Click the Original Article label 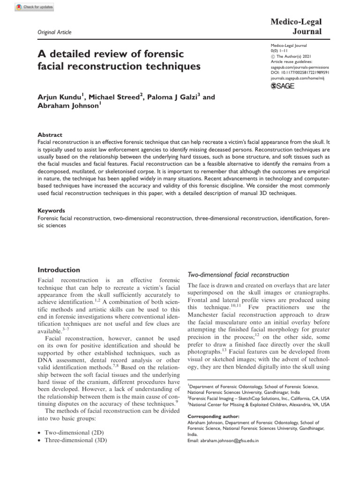pyautogui.click(x=54, y=32)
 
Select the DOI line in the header pyautogui.click(x=300, y=73)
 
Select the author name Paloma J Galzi pyautogui.click(x=174, y=97)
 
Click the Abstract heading pyautogui.click(x=50, y=134)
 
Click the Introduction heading pyautogui.click(x=59, y=270)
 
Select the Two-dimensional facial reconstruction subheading pyautogui.click(x=238, y=275)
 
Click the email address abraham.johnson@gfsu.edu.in pyautogui.click(x=229, y=441)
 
